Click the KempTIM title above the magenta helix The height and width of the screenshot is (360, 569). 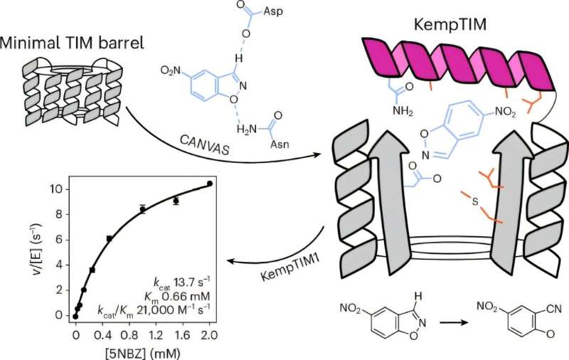pos(450,26)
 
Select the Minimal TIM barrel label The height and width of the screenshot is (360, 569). pos(72,43)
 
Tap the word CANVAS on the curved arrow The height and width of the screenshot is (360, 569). pos(205,144)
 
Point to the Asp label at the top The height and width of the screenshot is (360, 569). pos(273,11)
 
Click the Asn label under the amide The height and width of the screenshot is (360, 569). pos(280,144)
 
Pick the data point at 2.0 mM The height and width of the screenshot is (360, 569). pos(209,184)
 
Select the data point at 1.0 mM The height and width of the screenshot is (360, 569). pos(143,209)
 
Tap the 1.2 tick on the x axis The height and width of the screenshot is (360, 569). pos(156,334)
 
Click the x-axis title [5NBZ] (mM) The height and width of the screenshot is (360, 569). pos(142,353)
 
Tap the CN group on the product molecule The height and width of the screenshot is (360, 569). pos(554,309)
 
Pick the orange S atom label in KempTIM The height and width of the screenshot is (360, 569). pos(475,201)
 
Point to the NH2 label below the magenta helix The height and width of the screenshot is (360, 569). pos(403,110)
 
